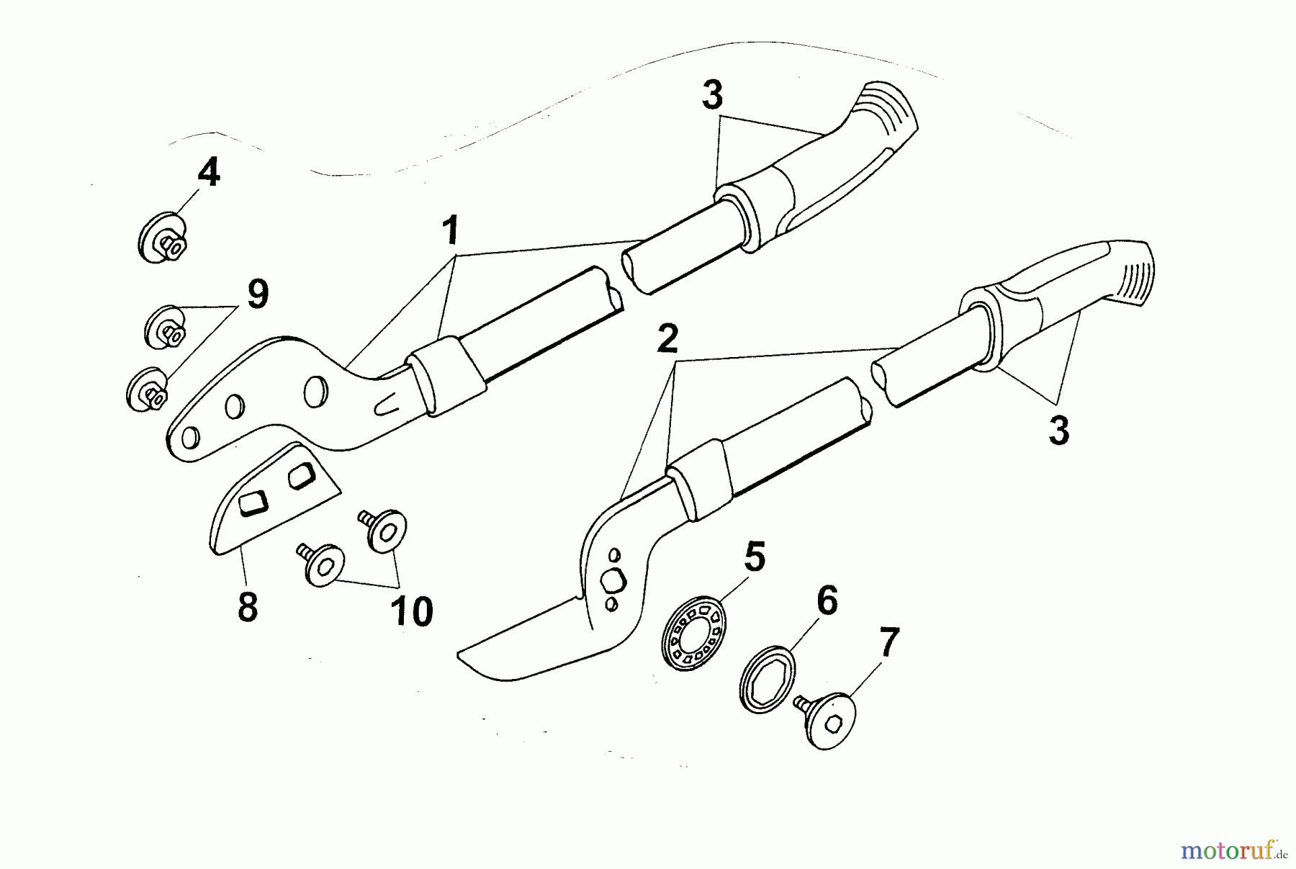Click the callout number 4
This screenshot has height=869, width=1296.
click(x=208, y=174)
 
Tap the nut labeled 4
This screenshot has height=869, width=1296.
click(x=163, y=238)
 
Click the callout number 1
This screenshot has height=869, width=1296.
click(x=450, y=232)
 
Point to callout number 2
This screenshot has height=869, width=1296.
click(x=667, y=338)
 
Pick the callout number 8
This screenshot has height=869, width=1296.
click(x=247, y=607)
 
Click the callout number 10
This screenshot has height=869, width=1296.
click(x=412, y=611)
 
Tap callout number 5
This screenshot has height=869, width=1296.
click(x=754, y=557)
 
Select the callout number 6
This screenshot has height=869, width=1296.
click(x=827, y=600)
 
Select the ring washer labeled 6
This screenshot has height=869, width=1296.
click(x=768, y=680)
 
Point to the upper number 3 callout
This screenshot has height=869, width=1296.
click(x=712, y=96)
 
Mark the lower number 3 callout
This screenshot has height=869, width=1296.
click(x=1058, y=431)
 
